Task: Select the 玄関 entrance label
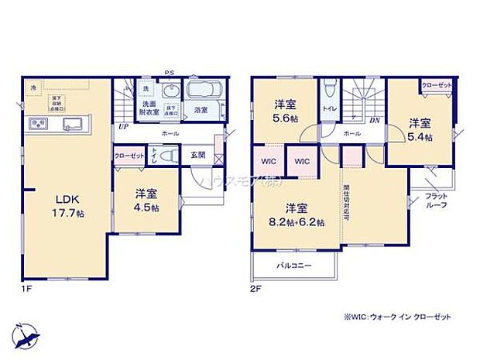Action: tap(199, 155)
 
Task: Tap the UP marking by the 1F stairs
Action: tap(123, 126)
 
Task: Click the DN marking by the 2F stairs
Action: tap(374, 122)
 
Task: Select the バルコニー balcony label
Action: tap(293, 266)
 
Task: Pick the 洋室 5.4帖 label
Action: tap(420, 129)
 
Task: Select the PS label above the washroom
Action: tap(170, 74)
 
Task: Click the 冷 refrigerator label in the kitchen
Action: tap(33, 88)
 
